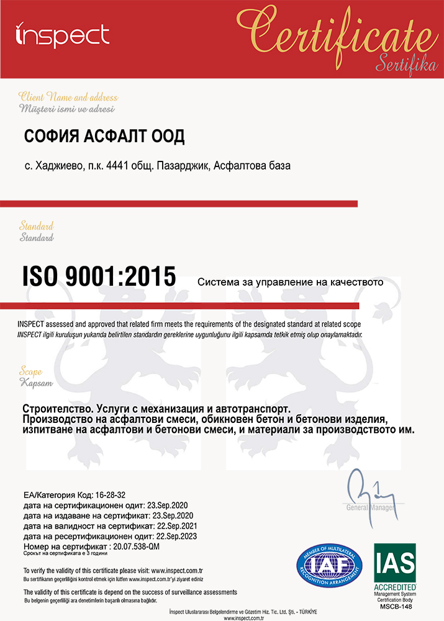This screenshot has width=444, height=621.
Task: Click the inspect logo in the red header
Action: [x=62, y=35]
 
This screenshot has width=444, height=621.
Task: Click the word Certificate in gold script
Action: [x=336, y=28]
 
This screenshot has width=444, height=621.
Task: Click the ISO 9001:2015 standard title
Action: [x=99, y=276]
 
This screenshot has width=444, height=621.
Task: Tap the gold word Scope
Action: [x=30, y=371]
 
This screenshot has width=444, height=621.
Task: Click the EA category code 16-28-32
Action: [x=109, y=495]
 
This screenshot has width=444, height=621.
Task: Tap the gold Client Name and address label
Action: [x=68, y=97]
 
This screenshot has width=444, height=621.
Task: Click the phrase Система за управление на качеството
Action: [x=291, y=282]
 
